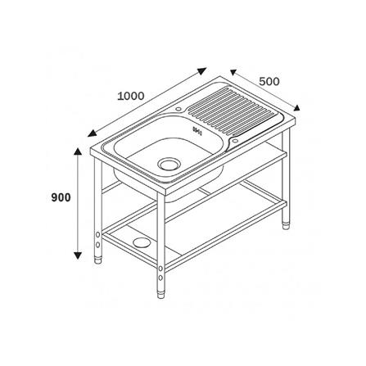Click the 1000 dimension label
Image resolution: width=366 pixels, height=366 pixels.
tap(131, 96)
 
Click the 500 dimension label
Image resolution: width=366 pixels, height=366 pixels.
tap(269, 81)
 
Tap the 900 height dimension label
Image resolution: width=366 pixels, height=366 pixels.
tap(61, 197)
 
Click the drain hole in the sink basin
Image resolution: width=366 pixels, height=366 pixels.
tap(169, 164)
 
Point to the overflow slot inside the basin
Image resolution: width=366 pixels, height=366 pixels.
tap(197, 131)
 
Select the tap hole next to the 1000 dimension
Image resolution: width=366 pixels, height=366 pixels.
tap(178, 109)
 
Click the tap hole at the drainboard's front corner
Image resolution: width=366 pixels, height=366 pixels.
tap(235, 141)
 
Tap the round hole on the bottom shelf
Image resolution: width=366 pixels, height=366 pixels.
tap(141, 242)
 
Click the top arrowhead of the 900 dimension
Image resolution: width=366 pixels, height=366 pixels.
tap(78, 152)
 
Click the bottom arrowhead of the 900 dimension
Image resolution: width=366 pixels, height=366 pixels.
tap(78, 255)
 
